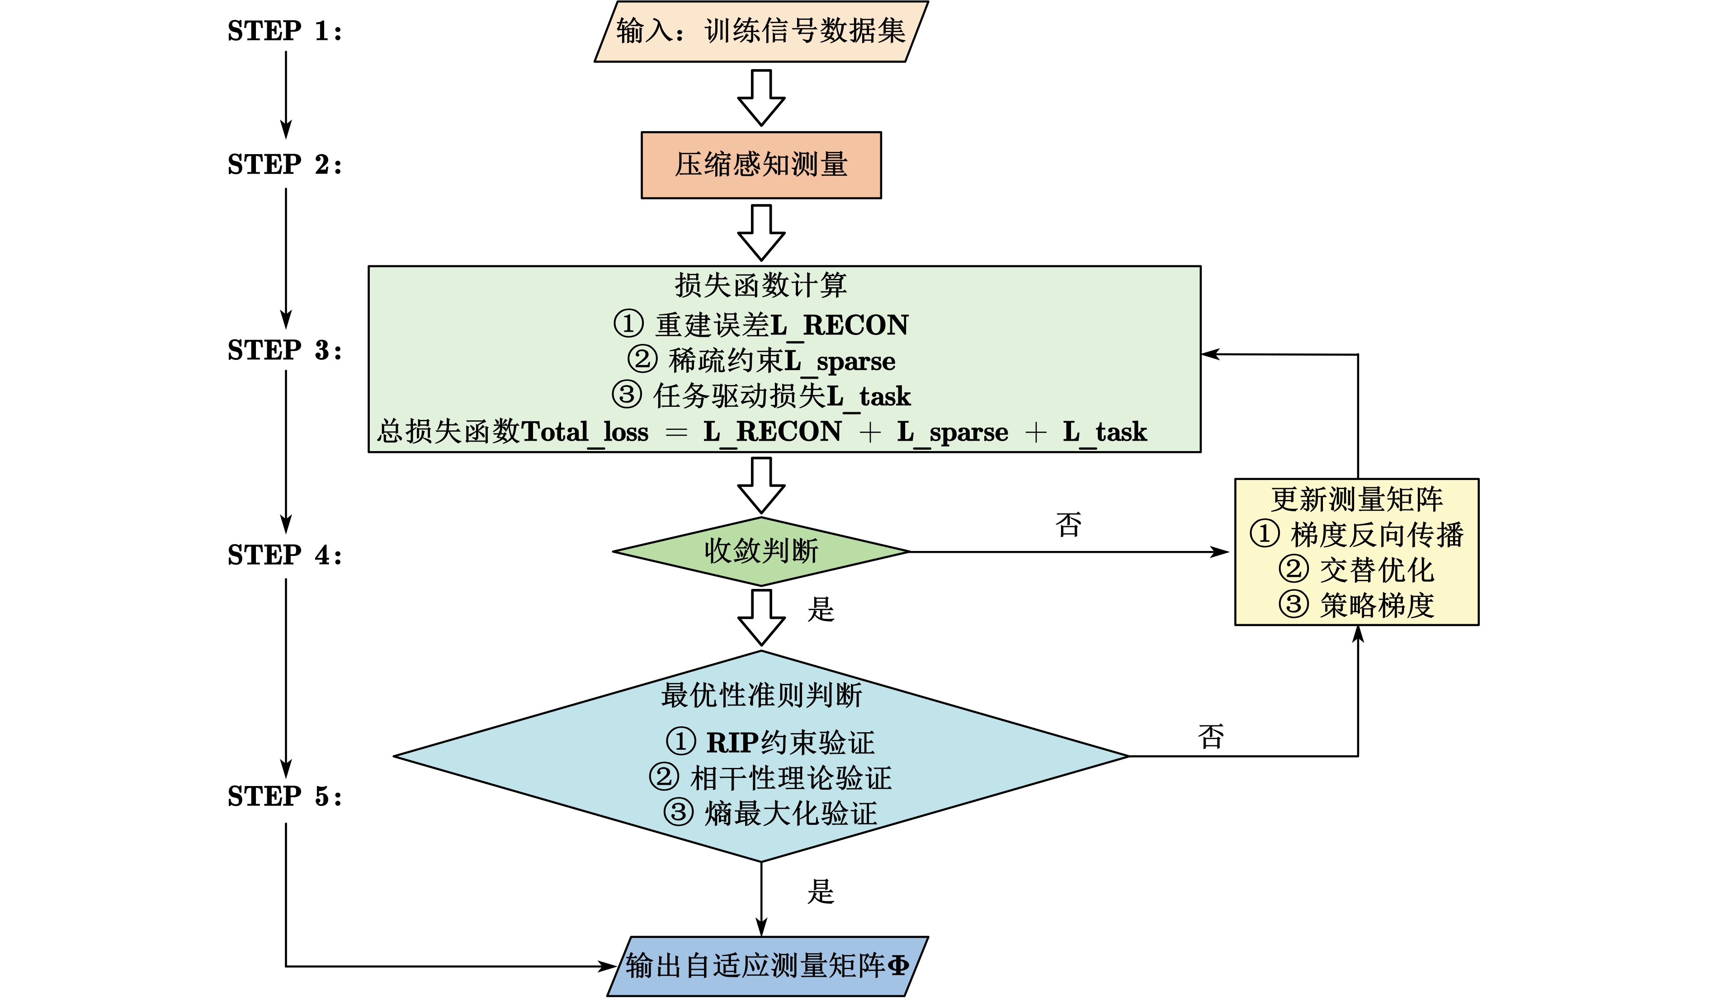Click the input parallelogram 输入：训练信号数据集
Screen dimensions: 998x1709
pos(761,31)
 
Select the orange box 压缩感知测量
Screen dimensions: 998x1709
pos(761,165)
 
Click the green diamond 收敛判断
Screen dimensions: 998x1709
pos(761,551)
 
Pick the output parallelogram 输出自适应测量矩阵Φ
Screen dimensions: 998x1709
pos(766,966)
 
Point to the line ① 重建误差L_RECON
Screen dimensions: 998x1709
pos(761,325)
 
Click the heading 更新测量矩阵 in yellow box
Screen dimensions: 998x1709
pos(1356,500)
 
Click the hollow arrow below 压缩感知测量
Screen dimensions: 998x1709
pos(761,232)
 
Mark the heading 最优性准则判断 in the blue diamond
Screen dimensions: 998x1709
pos(761,696)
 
